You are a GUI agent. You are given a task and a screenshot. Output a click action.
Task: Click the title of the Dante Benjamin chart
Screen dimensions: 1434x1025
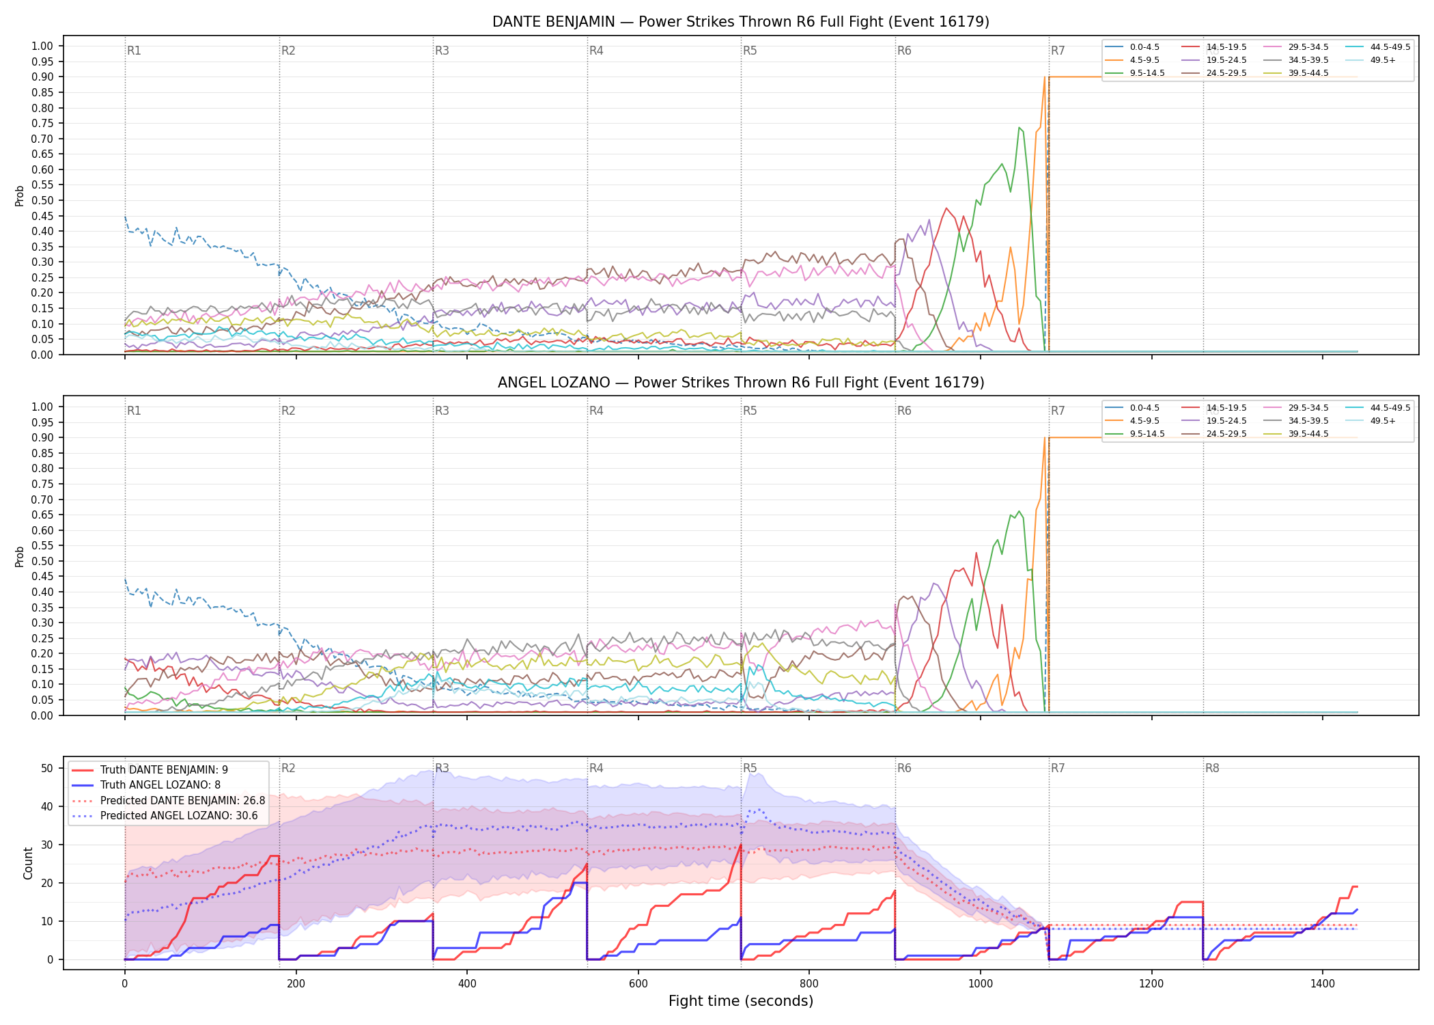pyautogui.click(x=741, y=22)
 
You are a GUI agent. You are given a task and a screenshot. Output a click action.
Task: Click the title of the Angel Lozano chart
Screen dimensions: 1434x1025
pyautogui.click(x=741, y=383)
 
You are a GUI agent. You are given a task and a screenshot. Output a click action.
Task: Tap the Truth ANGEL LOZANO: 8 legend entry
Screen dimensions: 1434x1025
pyautogui.click(x=160, y=785)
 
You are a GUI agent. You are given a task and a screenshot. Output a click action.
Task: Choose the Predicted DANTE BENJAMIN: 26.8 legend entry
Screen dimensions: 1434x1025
pyautogui.click(x=168, y=800)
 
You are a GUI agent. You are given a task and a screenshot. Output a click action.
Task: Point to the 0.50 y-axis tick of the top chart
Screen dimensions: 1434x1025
pyautogui.click(x=42, y=200)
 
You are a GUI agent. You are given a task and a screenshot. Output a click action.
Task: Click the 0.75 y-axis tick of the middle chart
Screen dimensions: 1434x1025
pyautogui.click(x=42, y=484)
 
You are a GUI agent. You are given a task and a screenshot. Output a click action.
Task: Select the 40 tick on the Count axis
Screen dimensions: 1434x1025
pyautogui.click(x=47, y=806)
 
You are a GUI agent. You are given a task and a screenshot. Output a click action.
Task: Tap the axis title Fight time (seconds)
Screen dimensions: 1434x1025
pyautogui.click(x=741, y=1001)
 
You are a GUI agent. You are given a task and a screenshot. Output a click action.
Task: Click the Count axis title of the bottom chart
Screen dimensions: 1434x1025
pyautogui.click(x=28, y=863)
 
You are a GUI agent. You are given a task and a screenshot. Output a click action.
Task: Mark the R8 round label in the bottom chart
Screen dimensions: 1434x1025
pyautogui.click(x=1212, y=768)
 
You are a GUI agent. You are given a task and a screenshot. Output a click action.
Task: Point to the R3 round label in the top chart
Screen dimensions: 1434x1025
pyautogui.click(x=442, y=51)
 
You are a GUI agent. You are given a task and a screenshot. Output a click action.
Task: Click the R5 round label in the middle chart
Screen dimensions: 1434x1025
pyautogui.click(x=750, y=411)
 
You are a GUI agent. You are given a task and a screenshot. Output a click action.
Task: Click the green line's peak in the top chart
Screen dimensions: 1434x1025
pyautogui.click(x=1019, y=127)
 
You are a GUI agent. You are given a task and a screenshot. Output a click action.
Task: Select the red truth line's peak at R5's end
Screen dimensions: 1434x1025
pyautogui.click(x=741, y=845)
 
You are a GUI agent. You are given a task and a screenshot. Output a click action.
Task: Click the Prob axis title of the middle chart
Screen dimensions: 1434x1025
pyautogui.click(x=20, y=556)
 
